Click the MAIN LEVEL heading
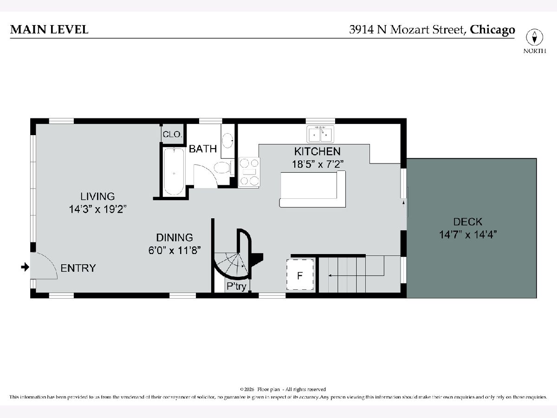pos(49,29)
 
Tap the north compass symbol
pos(534,37)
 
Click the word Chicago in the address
pos(492,30)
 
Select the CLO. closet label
pos(173,134)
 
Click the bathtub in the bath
pos(174,171)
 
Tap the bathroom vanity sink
pos(227,140)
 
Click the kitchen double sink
pos(320,134)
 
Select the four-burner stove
pos(249,172)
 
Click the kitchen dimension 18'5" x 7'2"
pos(317,164)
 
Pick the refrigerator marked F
pos(300,274)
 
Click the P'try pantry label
pos(236,287)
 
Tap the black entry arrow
pos(25,267)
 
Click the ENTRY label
pos(78,268)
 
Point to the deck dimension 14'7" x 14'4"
pos(468,235)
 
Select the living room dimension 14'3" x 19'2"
pos(97,209)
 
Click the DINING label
pos(175,237)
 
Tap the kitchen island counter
pos(313,189)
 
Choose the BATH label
pos(203,149)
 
